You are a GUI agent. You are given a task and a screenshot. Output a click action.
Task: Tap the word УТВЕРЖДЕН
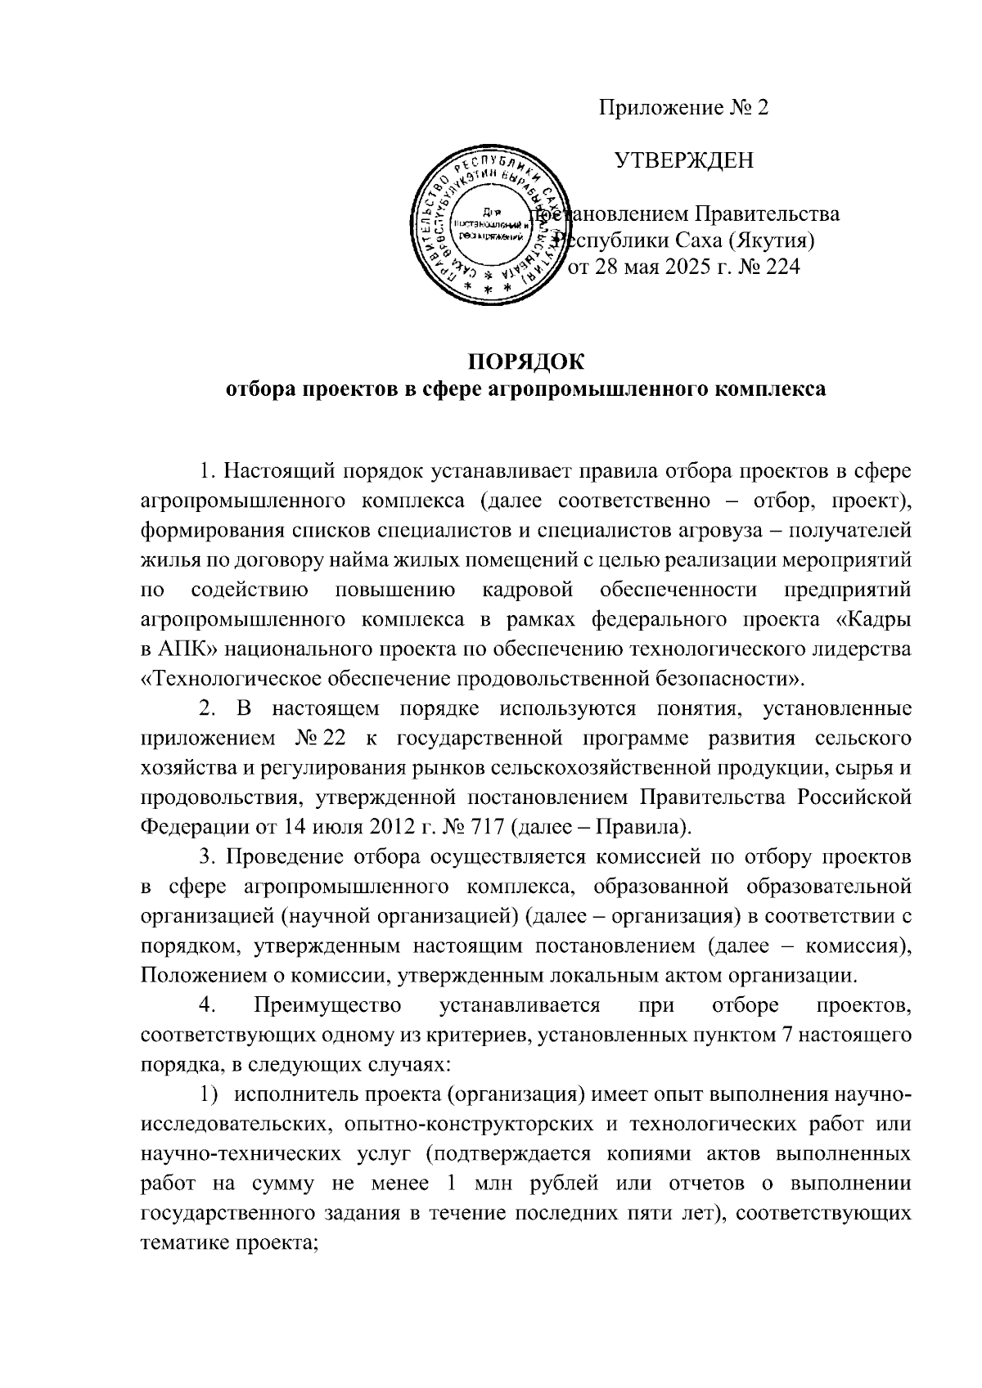tap(684, 161)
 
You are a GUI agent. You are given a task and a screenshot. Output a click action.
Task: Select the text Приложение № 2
tap(684, 109)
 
